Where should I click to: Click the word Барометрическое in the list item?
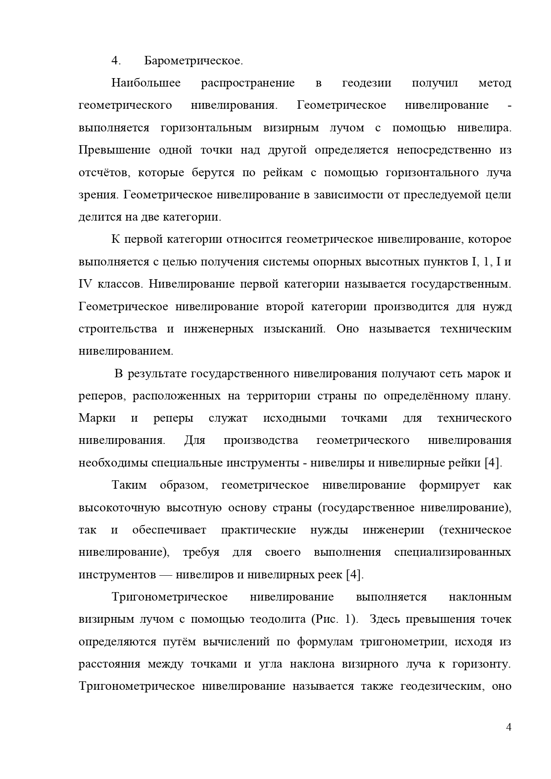[x=193, y=61]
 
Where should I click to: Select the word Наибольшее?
[x=146, y=83]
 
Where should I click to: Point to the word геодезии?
[x=367, y=83]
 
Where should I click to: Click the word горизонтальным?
[x=206, y=128]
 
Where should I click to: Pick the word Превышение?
[x=115, y=150]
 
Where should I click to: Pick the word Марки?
[x=97, y=418]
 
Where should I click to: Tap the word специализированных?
[x=452, y=552]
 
